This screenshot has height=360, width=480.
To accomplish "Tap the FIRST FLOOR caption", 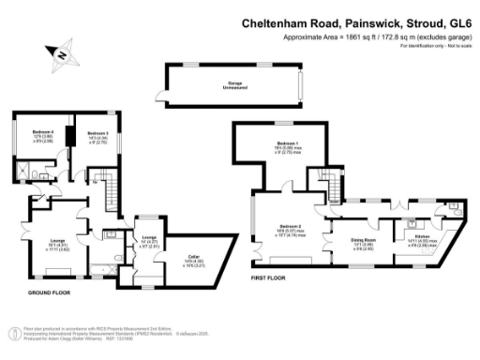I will (269, 277).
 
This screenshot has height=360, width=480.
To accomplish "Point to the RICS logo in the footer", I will (14, 332).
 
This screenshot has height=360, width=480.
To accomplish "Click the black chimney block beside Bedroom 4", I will (69, 135).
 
